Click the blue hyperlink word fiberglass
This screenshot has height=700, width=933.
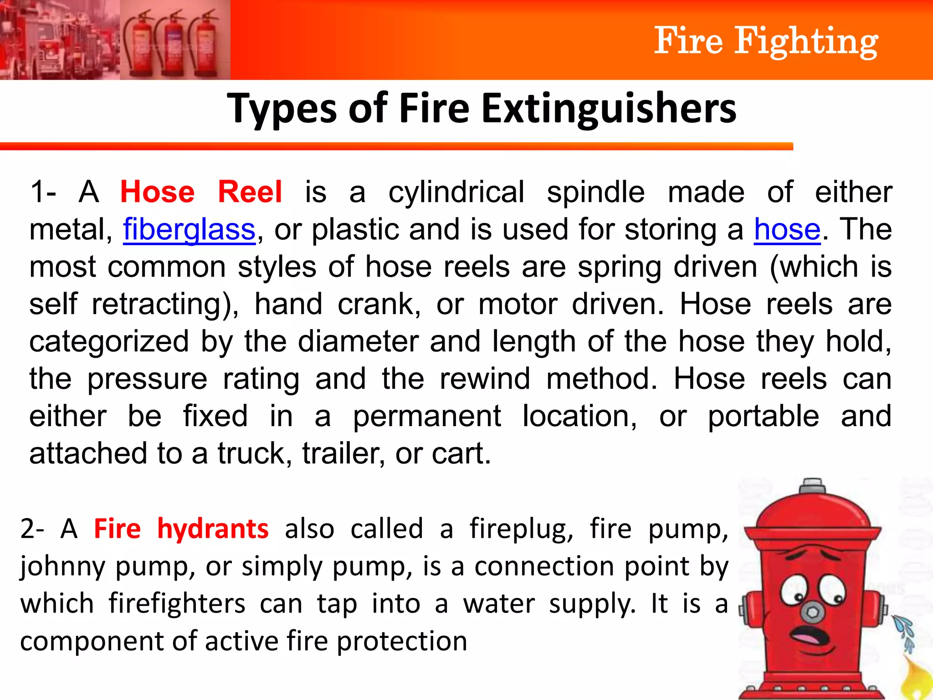(189, 229)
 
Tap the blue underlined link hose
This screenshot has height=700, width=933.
(787, 229)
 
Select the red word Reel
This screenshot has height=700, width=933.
(250, 192)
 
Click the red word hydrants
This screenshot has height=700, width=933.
(213, 529)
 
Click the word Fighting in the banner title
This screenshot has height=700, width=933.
(806, 41)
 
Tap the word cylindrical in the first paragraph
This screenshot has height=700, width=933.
(456, 192)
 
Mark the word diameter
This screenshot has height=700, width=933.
(358, 341)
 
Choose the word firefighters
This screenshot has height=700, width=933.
(177, 604)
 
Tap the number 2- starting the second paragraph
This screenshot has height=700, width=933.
(32, 529)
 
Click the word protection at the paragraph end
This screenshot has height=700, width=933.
(402, 641)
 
